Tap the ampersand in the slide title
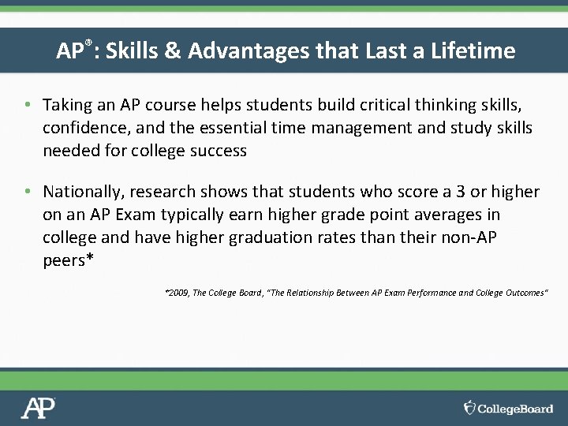(x=173, y=51)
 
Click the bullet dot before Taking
(x=28, y=105)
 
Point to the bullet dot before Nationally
(x=28, y=192)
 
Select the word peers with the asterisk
(x=68, y=260)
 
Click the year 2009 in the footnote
(x=178, y=293)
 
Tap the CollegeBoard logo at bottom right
(x=508, y=408)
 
